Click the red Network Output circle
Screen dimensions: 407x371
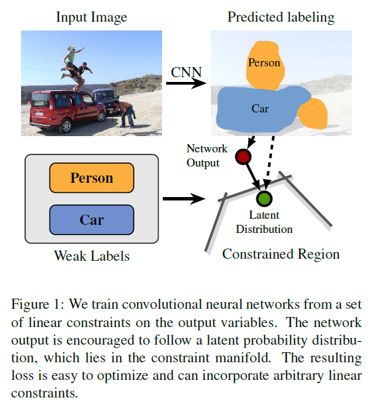pyautogui.click(x=243, y=157)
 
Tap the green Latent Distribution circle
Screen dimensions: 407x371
pyautogui.click(x=264, y=198)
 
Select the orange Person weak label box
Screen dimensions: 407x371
pyautogui.click(x=92, y=179)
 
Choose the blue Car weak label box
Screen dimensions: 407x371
pyautogui.click(x=92, y=220)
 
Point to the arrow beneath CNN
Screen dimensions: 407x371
pyautogui.click(x=186, y=84)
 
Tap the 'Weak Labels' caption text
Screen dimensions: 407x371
pyautogui.click(x=91, y=257)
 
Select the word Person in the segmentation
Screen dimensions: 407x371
pyautogui.click(x=264, y=63)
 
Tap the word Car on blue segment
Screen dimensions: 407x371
pyautogui.click(x=260, y=108)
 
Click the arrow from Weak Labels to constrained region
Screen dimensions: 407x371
pyautogui.click(x=184, y=199)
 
